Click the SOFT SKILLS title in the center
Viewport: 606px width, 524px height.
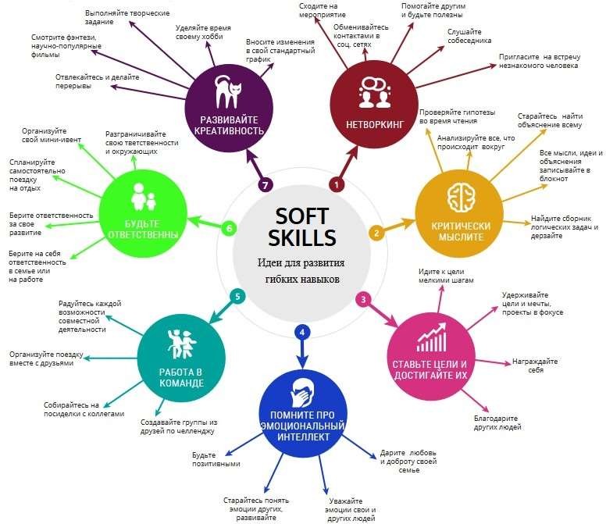pos(302,226)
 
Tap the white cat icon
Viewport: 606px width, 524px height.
pos(228,92)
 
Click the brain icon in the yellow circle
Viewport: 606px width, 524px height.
pos(462,198)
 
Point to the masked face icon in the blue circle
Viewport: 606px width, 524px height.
pos(302,393)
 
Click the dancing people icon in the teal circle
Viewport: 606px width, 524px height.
pos(182,344)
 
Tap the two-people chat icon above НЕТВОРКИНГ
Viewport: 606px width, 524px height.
pos(374,92)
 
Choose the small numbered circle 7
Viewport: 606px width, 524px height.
pos(266,185)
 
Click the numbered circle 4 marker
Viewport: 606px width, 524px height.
pos(302,332)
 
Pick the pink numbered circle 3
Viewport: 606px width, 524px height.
pos(363,299)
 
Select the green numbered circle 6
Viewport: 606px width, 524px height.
pos(229,228)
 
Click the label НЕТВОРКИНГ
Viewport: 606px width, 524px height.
pos(375,124)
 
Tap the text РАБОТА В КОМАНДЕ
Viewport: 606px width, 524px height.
pos(181,377)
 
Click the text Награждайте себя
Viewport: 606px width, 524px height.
pos(535,365)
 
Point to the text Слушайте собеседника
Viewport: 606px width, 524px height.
pos(469,36)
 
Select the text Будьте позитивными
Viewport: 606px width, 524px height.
pos(216,459)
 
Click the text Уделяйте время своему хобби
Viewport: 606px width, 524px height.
pos(203,32)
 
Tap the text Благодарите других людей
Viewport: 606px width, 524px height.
pos(497,422)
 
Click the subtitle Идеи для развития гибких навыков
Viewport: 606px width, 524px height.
pos(301,270)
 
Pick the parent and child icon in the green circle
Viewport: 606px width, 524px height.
pos(143,197)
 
